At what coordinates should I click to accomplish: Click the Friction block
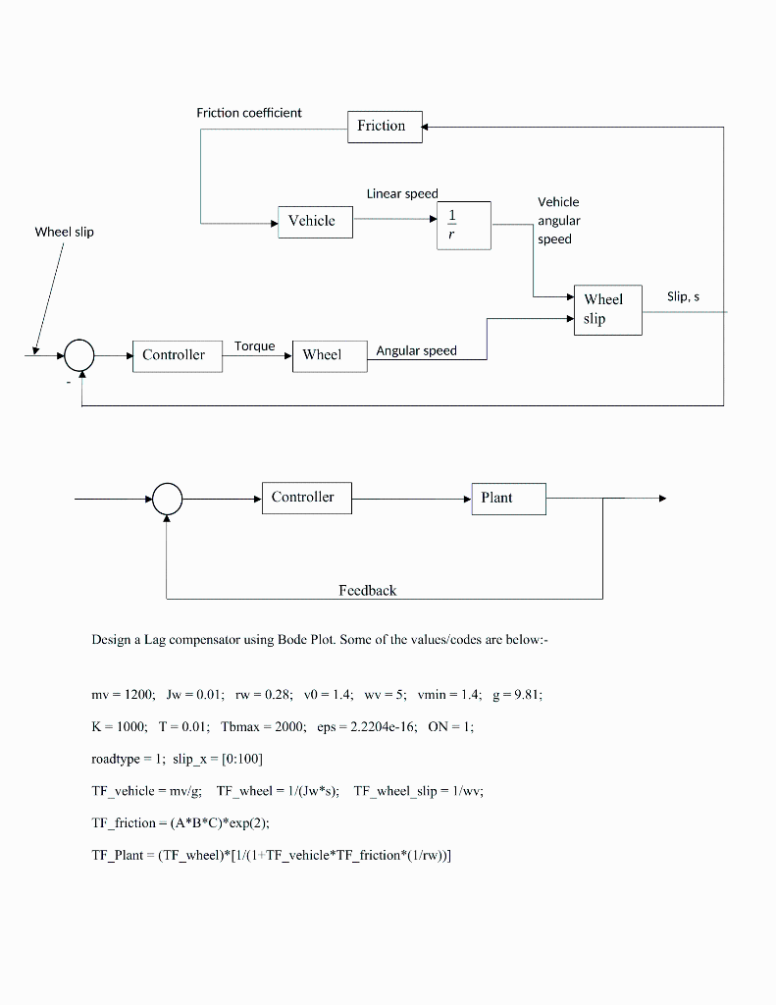[385, 127]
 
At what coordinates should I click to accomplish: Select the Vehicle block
[315, 222]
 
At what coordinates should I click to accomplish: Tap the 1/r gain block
[463, 225]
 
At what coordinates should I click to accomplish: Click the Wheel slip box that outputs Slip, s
[607, 309]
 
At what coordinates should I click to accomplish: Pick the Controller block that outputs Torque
[177, 355]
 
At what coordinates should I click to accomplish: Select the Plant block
[508, 498]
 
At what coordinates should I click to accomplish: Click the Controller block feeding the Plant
[306, 498]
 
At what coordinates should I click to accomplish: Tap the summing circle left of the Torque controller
[79, 354]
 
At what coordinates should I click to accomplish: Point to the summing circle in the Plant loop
[168, 499]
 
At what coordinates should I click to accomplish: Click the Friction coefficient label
[249, 113]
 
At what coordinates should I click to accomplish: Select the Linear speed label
[402, 193]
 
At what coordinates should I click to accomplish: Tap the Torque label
[254, 346]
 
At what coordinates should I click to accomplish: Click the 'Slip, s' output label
[683, 296]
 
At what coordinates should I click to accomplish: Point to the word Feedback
[368, 590]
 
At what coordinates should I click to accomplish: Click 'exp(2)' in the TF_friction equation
[220, 822]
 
